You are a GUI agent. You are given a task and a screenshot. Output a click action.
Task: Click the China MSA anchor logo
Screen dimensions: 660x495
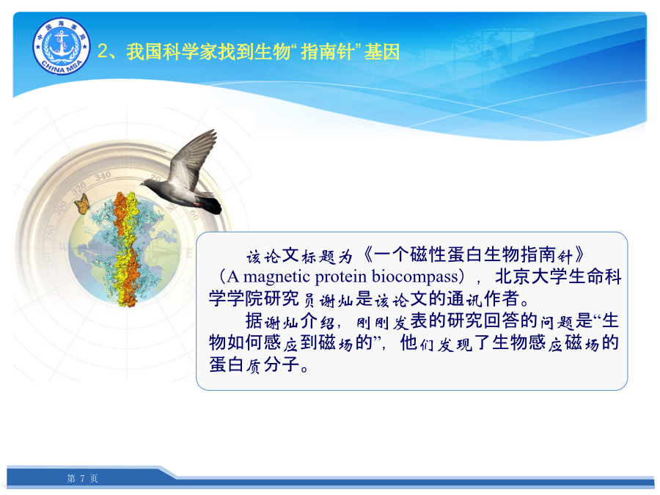(x=62, y=46)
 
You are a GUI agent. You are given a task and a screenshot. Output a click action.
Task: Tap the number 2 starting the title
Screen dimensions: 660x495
(x=103, y=52)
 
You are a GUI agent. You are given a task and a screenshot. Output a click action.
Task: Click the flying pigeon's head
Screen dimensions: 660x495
(x=148, y=183)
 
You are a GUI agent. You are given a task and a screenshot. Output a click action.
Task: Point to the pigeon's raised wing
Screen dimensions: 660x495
(x=194, y=158)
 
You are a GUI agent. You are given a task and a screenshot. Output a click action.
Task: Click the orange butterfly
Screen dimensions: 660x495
(x=82, y=204)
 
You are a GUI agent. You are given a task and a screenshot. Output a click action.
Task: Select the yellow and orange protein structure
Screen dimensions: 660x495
(x=126, y=249)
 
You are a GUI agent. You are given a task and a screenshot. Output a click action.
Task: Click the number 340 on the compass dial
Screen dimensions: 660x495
(x=103, y=177)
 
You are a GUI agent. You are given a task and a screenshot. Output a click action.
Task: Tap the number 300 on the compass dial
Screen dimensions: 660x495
(x=60, y=208)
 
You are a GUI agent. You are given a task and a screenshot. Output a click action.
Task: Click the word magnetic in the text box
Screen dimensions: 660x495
(x=276, y=276)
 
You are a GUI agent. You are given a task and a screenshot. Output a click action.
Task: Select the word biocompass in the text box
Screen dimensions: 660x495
(x=414, y=276)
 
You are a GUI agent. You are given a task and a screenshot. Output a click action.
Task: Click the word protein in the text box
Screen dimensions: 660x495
(x=341, y=277)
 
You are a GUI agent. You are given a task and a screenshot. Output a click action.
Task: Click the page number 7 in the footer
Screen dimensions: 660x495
(x=82, y=478)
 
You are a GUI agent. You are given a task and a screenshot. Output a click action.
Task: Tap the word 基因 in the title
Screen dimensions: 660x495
(x=382, y=52)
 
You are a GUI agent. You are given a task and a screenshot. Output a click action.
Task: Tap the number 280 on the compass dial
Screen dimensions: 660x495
(x=50, y=233)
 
